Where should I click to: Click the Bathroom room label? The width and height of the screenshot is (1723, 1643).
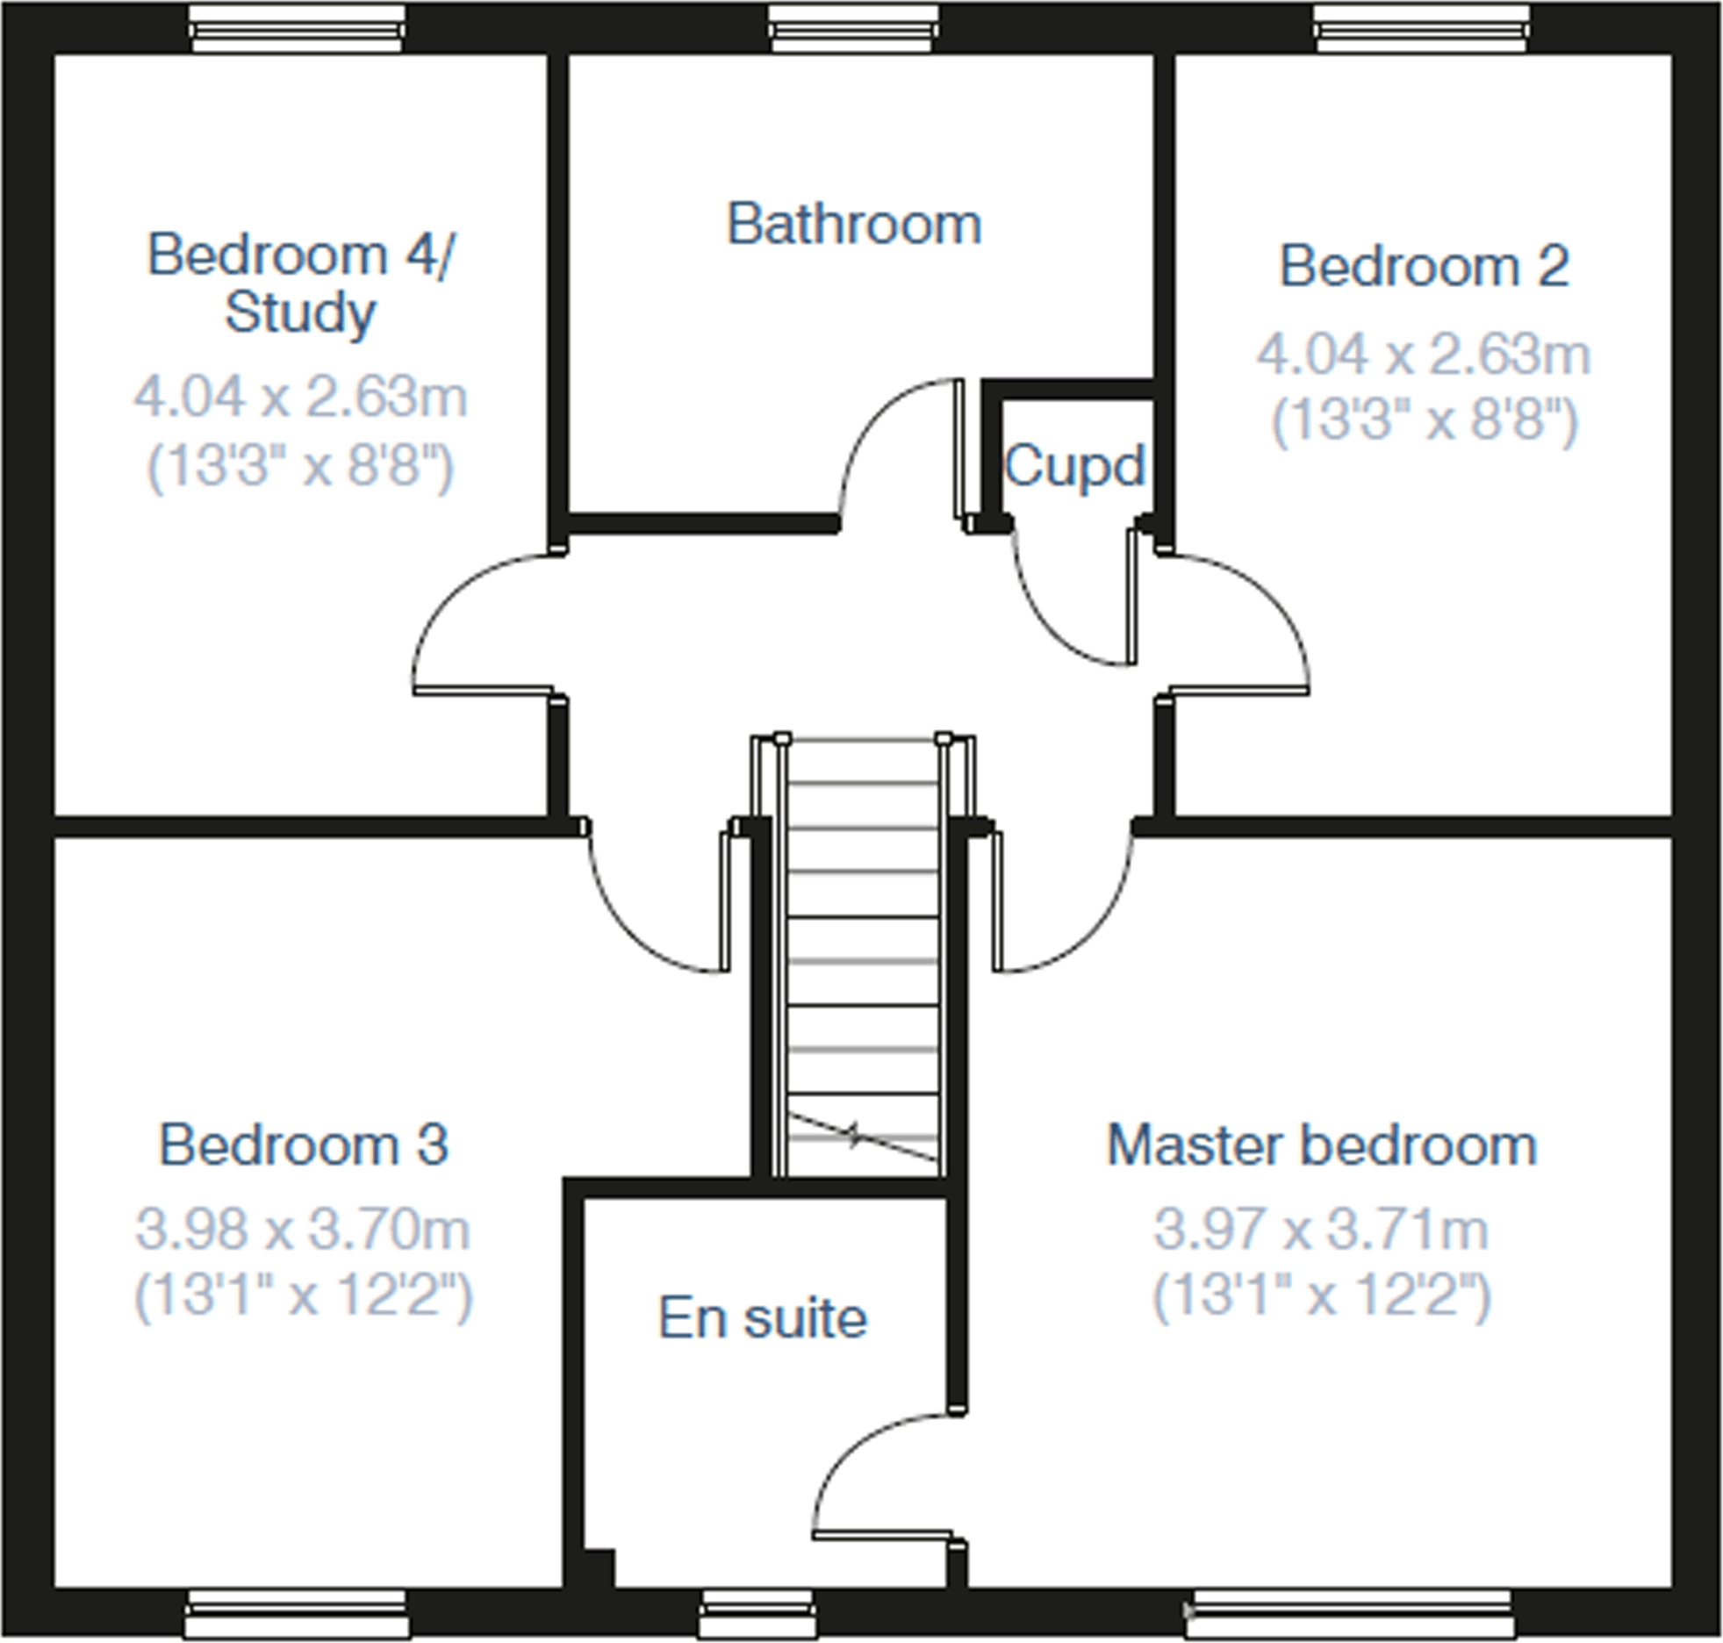(x=854, y=225)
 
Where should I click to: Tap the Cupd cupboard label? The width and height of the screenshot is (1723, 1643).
(x=1074, y=465)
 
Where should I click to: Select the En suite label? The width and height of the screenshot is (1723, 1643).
(x=763, y=1318)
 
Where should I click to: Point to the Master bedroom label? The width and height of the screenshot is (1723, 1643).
(x=1321, y=1145)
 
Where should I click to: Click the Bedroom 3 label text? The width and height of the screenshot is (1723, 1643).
(x=304, y=1145)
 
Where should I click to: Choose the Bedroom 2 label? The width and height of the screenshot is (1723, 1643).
(x=1424, y=266)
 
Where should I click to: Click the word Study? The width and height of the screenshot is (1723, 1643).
(x=300, y=313)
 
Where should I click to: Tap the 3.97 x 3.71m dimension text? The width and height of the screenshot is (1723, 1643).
(x=1321, y=1230)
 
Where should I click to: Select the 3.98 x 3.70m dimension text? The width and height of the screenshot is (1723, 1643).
(x=304, y=1230)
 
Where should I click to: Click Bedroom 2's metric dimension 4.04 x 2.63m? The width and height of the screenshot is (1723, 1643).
(x=1424, y=355)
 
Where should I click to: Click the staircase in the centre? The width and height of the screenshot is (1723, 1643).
(x=863, y=957)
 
